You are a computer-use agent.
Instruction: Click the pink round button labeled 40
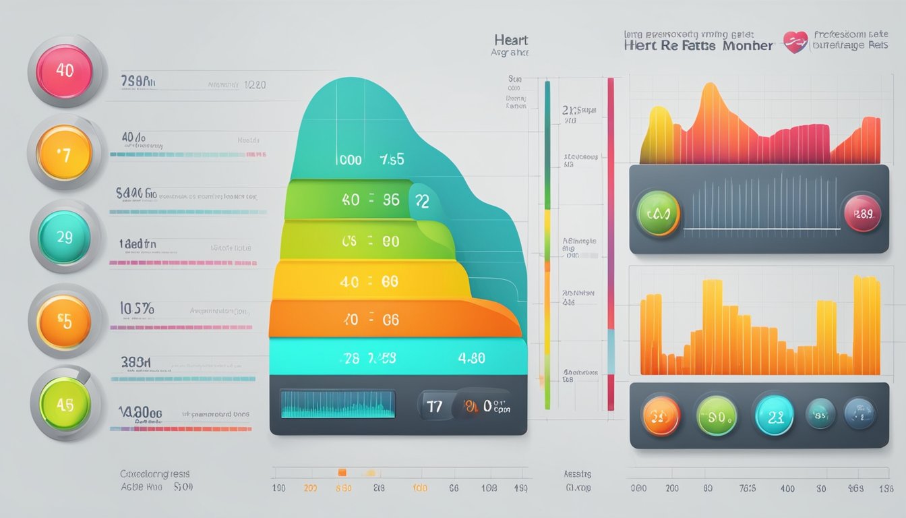[x=65, y=71]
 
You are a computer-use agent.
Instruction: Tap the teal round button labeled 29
[x=65, y=237]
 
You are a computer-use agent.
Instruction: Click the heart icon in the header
[x=795, y=42]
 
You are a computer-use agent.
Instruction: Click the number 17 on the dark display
[x=435, y=405]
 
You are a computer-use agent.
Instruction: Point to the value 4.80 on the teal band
[x=471, y=357]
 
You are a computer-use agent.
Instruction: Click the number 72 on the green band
[x=422, y=200]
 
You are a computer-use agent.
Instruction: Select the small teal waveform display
[x=337, y=405]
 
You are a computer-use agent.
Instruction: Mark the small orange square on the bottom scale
[x=342, y=472]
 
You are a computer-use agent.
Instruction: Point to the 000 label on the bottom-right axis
[x=638, y=488]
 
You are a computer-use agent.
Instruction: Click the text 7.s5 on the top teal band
[x=392, y=160]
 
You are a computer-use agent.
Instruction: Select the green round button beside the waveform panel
[x=658, y=213]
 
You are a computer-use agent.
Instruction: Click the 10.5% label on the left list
[x=137, y=309]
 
